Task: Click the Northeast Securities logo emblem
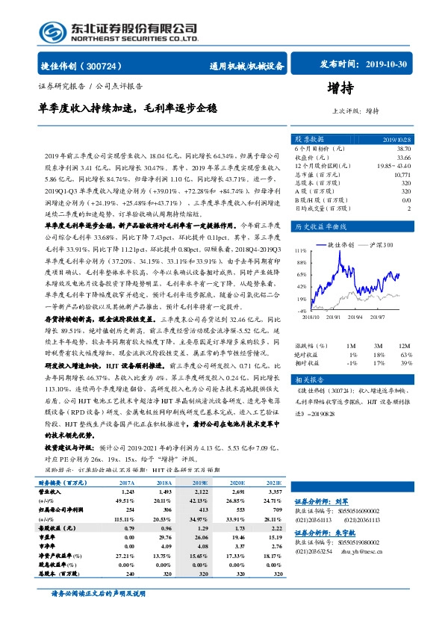52,31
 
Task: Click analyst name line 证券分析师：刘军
322,501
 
